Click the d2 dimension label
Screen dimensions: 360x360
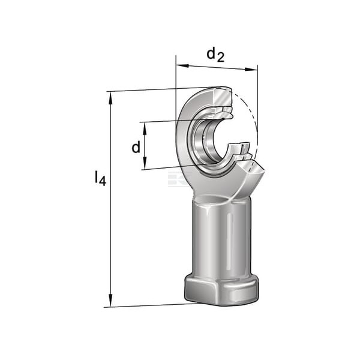click(x=215, y=55)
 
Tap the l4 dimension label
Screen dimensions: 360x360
click(x=100, y=178)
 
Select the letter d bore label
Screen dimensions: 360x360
click(x=136, y=147)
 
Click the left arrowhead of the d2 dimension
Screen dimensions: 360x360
click(x=182, y=65)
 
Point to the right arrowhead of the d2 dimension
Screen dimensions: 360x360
click(x=251, y=69)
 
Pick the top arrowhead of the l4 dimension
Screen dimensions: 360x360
click(x=110, y=98)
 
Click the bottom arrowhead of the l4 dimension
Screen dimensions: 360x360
click(x=110, y=301)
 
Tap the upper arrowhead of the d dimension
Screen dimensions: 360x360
click(x=145, y=128)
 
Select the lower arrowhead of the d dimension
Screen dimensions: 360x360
click(x=145, y=163)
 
